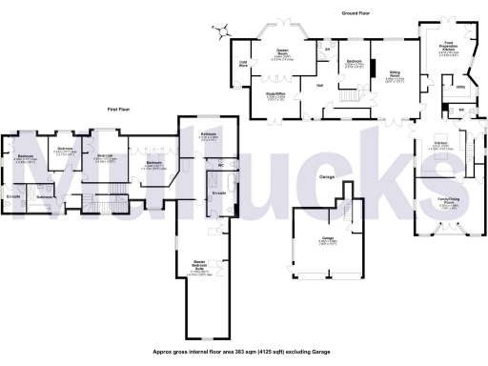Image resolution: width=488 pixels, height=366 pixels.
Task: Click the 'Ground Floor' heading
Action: (x=356, y=12)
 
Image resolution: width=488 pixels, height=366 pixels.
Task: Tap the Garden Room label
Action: (x=283, y=53)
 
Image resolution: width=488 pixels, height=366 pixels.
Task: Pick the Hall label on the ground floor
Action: (x=318, y=86)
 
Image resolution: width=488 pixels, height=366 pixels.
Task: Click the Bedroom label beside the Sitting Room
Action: (x=353, y=61)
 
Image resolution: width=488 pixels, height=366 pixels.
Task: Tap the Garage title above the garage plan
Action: (x=326, y=177)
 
